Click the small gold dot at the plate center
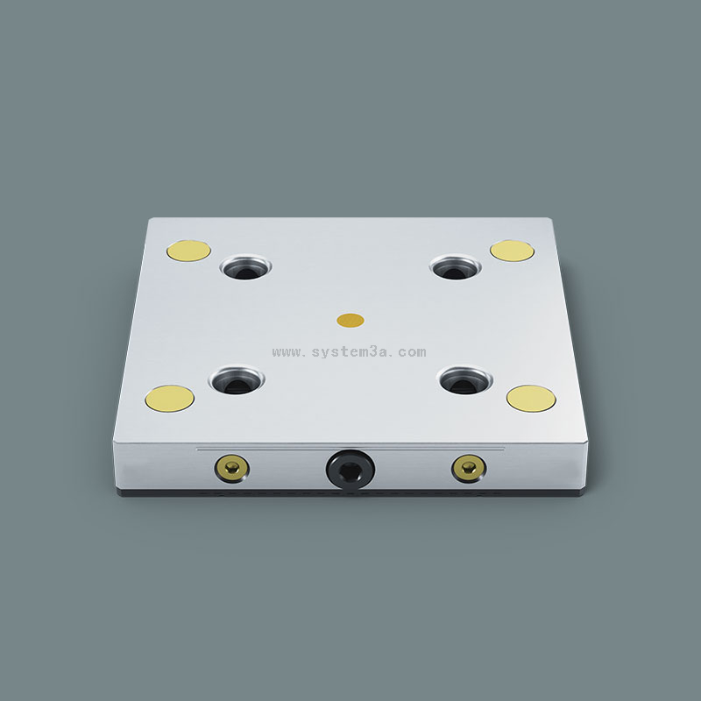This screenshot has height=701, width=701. point(351,320)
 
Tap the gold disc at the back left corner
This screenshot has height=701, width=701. point(188,251)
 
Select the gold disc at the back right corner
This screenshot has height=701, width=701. point(513,251)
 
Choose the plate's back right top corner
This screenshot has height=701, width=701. point(549,219)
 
